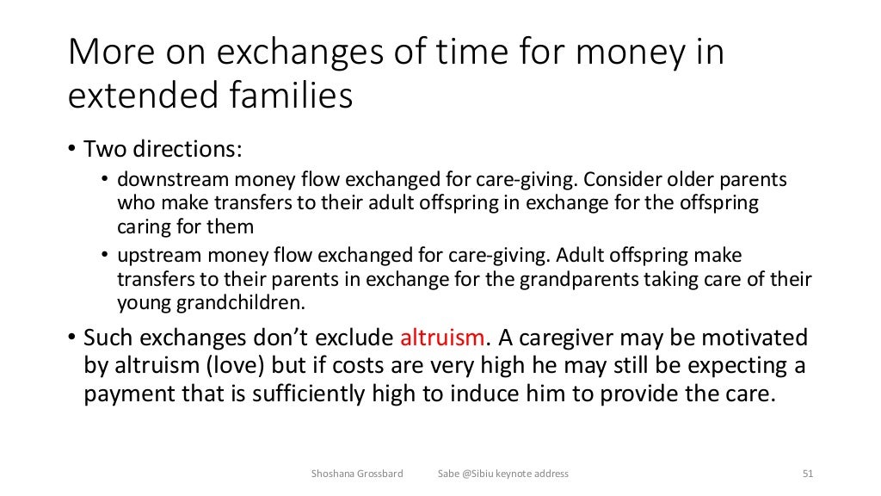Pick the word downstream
tap(163, 181)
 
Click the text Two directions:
tap(163, 148)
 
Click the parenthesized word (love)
tap(234, 365)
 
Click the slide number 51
tap(807, 474)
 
